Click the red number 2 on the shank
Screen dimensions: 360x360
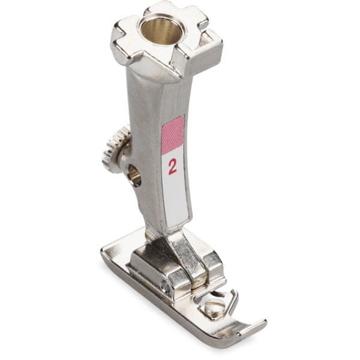172,167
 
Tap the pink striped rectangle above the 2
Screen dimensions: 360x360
173,135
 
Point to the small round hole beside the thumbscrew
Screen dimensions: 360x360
134,175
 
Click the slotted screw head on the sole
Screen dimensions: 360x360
215,308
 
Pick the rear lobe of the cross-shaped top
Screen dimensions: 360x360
175,14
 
